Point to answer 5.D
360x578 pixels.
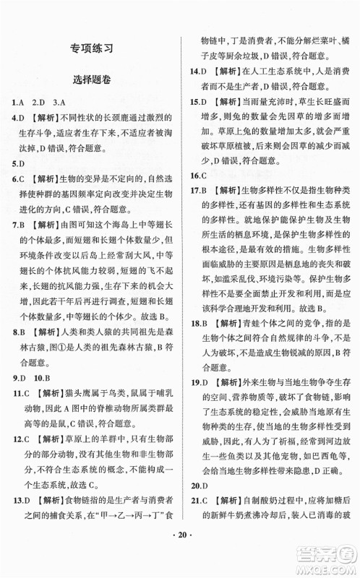pyautogui.click(x=19, y=163)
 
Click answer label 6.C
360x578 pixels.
pyautogui.click(x=20, y=179)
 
